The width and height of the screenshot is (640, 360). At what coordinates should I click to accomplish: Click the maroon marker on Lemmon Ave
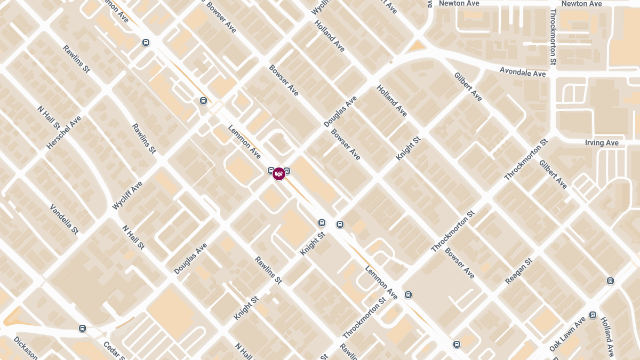click(278, 173)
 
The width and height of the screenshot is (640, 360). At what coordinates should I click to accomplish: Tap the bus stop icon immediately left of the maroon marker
click(271, 171)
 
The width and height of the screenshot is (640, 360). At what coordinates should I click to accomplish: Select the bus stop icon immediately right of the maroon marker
click(287, 171)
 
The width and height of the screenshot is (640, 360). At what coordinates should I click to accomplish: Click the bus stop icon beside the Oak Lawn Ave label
click(593, 315)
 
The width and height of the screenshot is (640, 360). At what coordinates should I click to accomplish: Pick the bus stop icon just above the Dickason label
click(82, 328)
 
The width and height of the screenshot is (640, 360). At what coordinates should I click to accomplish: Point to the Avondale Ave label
click(523, 72)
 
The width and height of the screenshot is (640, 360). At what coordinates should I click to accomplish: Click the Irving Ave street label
click(602, 143)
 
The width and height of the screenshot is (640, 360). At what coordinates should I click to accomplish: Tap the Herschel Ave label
click(63, 132)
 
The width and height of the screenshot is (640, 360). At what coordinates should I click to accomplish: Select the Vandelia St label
click(64, 219)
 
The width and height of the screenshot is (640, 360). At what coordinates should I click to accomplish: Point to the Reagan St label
click(519, 271)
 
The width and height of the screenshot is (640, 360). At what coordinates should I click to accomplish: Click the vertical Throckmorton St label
click(553, 37)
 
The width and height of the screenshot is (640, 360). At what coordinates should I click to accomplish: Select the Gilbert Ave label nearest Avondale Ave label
click(468, 86)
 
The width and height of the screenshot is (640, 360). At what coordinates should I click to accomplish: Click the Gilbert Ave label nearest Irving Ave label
click(553, 174)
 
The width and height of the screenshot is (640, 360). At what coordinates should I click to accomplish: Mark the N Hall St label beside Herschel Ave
click(49, 117)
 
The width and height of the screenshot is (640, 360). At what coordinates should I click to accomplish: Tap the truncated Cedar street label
click(114, 351)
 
